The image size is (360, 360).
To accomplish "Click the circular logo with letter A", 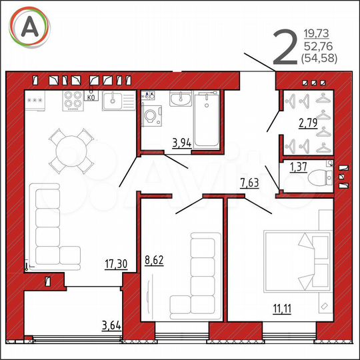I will pos(29,27).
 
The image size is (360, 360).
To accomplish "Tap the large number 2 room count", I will pos(285,48).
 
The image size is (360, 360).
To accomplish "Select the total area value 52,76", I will pos(320,45).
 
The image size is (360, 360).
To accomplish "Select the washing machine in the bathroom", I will pos(152,117).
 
